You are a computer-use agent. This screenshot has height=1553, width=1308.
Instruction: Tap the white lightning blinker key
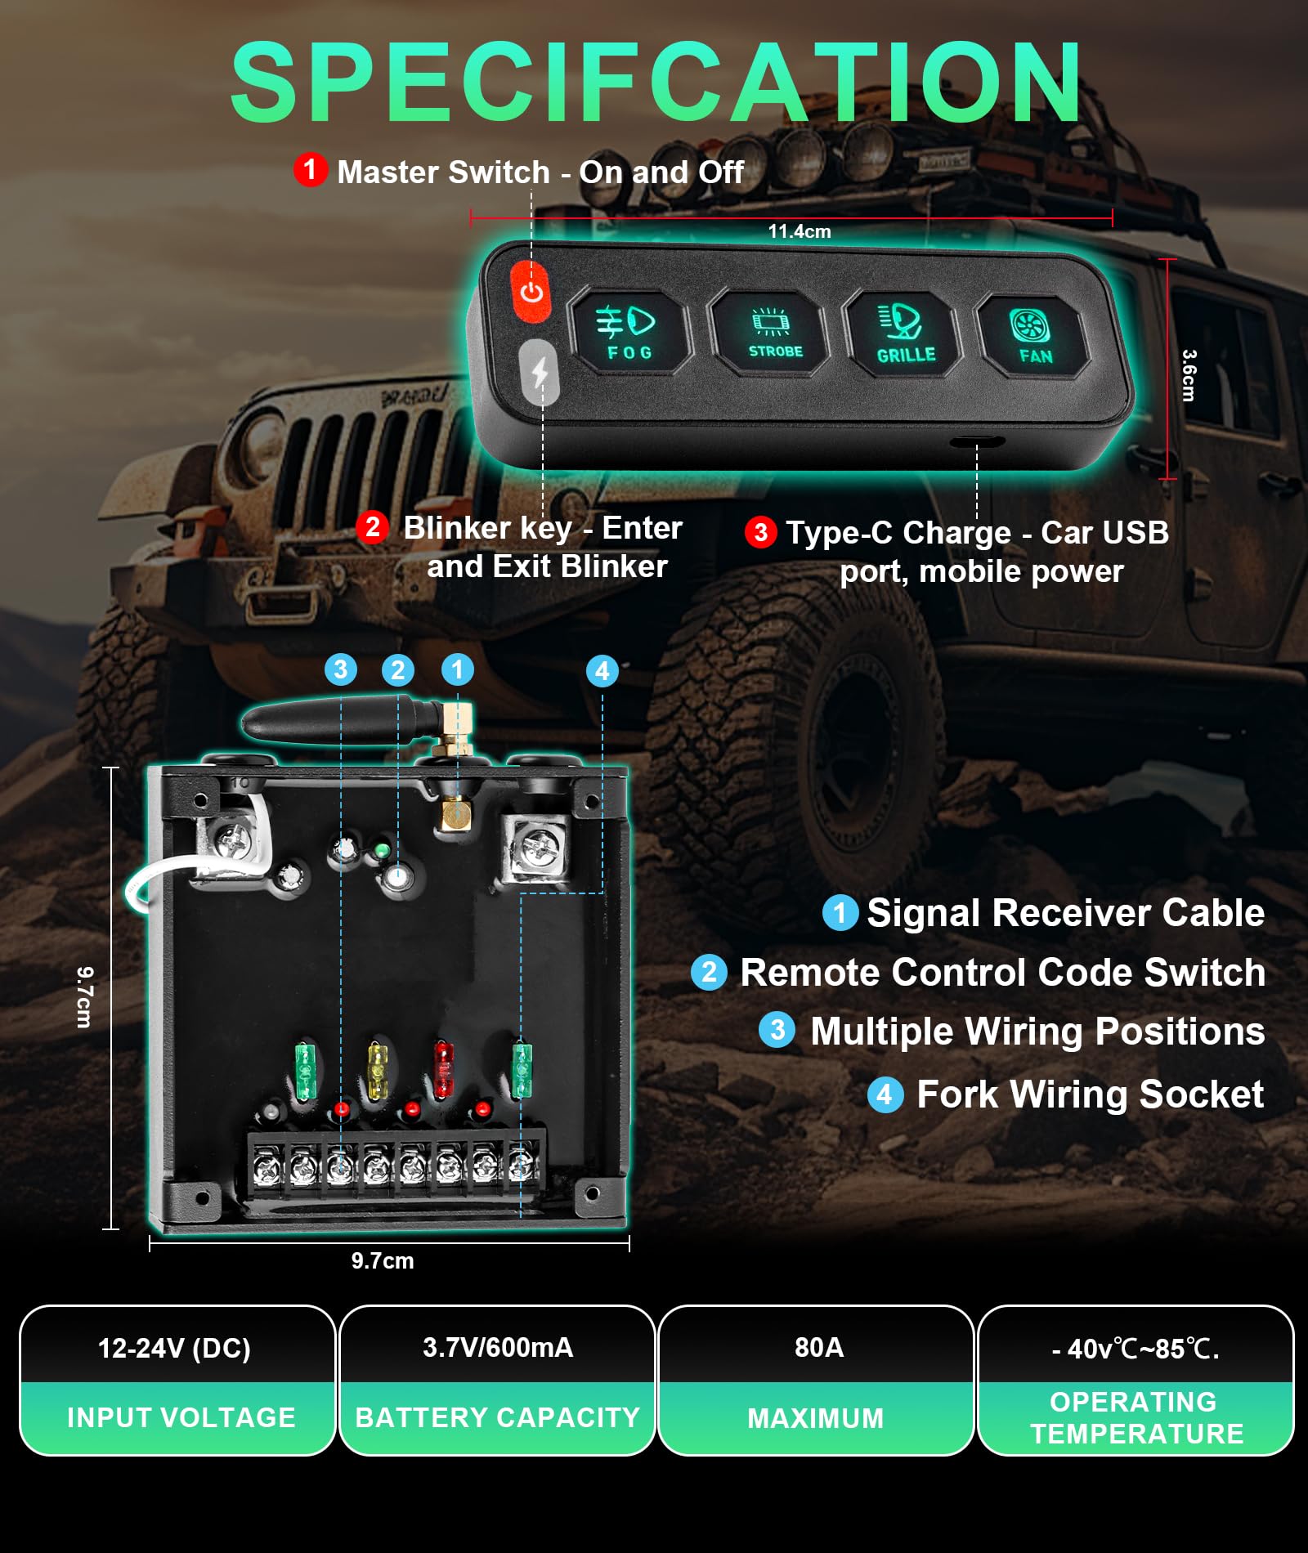540,373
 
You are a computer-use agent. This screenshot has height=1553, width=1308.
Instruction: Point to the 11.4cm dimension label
799,231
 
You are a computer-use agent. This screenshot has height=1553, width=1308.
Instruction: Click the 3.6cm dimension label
1189,375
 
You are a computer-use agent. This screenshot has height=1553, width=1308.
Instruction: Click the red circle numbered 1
310,169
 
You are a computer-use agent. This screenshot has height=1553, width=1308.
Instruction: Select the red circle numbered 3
760,532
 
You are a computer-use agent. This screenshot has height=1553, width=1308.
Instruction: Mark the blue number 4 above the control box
602,671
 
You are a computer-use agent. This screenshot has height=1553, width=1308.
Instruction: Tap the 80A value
818,1348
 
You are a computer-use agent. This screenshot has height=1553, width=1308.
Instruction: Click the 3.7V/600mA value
497,1348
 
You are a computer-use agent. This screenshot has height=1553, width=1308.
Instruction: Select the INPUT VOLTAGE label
181,1417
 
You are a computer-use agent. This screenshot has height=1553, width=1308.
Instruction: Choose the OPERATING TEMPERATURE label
1136,1417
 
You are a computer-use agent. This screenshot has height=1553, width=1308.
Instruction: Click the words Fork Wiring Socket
1090,1094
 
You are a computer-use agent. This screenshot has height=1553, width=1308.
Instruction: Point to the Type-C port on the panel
977,442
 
